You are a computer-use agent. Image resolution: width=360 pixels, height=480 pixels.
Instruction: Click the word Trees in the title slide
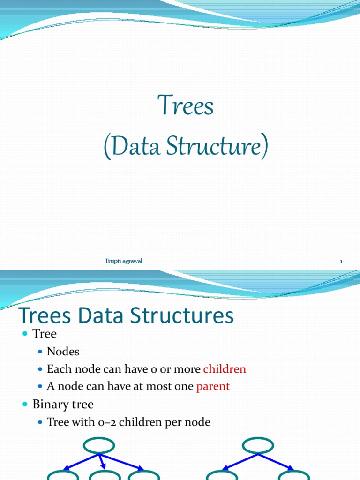(x=186, y=105)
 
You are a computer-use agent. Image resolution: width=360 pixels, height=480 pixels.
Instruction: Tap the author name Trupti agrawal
(x=123, y=261)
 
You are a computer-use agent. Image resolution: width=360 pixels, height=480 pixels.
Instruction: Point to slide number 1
(x=341, y=262)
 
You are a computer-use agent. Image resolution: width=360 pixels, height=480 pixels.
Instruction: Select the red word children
(x=225, y=369)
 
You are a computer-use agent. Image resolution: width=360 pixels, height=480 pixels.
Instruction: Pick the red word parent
(x=213, y=386)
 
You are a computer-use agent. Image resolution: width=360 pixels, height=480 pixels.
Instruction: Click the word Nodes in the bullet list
(x=63, y=352)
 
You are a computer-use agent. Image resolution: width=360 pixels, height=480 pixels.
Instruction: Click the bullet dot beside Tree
(x=25, y=334)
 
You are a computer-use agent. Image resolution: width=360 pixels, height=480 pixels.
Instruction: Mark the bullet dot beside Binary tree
(x=25, y=404)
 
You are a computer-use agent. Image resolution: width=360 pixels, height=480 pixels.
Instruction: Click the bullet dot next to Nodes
(x=40, y=352)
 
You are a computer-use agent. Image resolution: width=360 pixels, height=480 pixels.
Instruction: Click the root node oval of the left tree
(x=99, y=445)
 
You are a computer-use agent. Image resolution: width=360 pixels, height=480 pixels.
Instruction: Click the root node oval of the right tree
(x=258, y=445)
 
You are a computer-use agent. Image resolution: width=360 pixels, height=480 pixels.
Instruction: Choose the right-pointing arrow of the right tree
(x=277, y=462)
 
